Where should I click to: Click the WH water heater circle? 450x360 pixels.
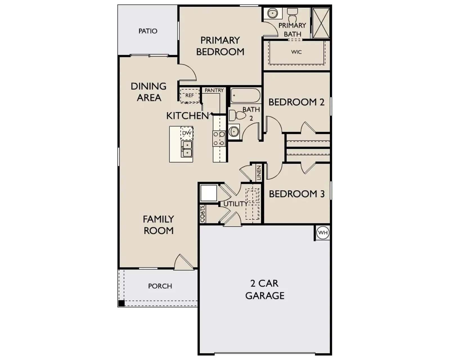click(x=323, y=233)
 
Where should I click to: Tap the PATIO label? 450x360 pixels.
click(x=148, y=31)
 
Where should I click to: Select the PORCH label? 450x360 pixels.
click(x=160, y=286)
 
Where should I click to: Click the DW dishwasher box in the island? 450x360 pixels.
click(x=187, y=133)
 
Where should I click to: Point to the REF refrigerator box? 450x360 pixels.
click(x=190, y=96)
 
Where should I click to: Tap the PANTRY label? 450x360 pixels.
click(x=214, y=90)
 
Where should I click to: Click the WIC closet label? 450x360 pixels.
click(x=296, y=52)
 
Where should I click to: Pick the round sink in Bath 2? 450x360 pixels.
click(x=234, y=132)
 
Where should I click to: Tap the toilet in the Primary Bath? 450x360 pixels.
click(x=292, y=15)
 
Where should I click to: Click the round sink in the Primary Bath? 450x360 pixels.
click(x=273, y=13)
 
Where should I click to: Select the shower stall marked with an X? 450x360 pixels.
click(x=321, y=23)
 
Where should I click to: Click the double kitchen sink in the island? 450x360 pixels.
click(x=187, y=149)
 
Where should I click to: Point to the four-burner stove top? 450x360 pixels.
click(x=219, y=138)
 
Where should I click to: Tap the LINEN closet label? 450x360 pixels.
click(x=259, y=173)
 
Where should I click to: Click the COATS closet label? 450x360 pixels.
click(x=202, y=214)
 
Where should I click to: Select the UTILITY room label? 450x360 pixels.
click(x=236, y=204)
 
